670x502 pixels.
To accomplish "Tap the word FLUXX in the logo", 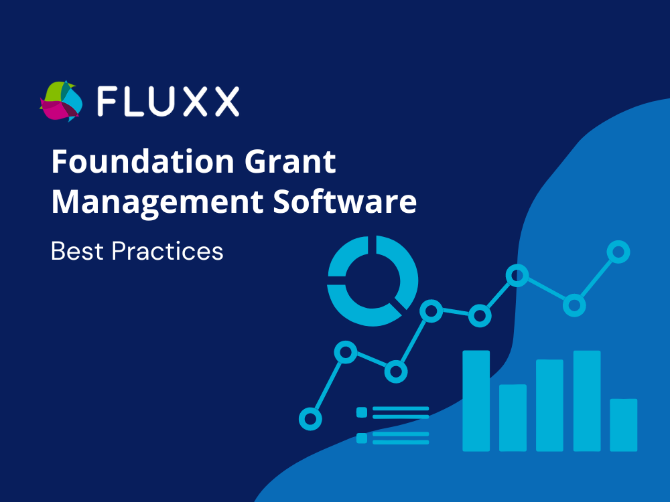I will [x=167, y=101].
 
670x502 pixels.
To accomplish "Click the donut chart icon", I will [x=373, y=280].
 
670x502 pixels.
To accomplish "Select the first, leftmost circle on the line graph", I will [x=310, y=419].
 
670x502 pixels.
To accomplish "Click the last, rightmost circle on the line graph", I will [x=618, y=252].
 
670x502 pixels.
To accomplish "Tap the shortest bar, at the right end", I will [x=623, y=425].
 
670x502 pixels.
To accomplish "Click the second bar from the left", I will [x=513, y=418].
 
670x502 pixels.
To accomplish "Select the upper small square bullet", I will [x=362, y=412].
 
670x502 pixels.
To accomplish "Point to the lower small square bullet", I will [x=362, y=438].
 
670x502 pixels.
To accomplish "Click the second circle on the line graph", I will [x=345, y=352].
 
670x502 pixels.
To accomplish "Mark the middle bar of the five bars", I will [x=549, y=405].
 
